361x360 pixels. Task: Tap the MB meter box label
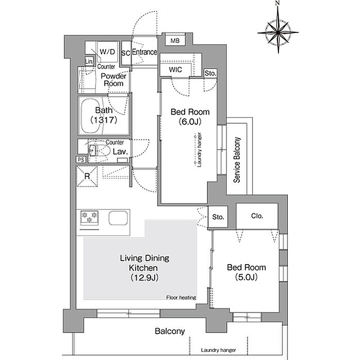pos(175,41)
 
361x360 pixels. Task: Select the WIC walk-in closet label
pos(175,70)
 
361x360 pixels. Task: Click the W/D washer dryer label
pos(107,52)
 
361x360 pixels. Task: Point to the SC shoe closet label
pos(126,53)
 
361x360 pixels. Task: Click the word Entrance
pos(144,52)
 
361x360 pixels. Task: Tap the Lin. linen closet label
pos(89,61)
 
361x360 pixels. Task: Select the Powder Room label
pos(113,79)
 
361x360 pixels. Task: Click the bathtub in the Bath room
pos(92,116)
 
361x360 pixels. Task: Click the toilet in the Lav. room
pos(99,150)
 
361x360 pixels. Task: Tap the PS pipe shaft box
pos(81,159)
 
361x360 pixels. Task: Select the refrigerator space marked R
pos(87,176)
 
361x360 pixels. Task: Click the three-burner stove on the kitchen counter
pos(89,218)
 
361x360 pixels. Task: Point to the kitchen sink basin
pos(118,218)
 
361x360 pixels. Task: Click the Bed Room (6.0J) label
pos(190,117)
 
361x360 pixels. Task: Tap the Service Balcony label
pos(237,160)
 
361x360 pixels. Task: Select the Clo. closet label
pos(257,216)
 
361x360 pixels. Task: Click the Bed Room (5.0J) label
pos(247,272)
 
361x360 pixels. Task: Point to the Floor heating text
pos(181,298)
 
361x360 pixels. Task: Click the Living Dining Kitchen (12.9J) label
pos(144,268)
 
